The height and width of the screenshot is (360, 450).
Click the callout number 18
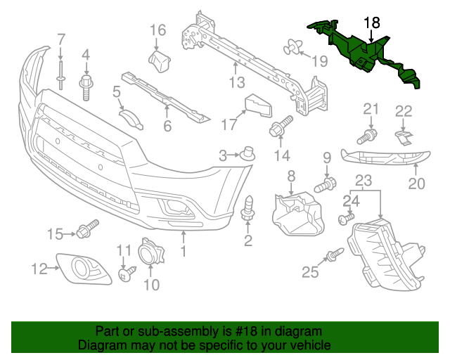(371, 24)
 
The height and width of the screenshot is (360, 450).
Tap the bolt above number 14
(280, 127)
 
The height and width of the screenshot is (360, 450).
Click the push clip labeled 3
(246, 153)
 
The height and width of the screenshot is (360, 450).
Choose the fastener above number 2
(248, 207)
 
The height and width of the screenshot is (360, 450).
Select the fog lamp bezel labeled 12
(84, 267)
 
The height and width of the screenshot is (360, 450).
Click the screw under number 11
(127, 274)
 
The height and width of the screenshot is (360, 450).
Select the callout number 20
(417, 184)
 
